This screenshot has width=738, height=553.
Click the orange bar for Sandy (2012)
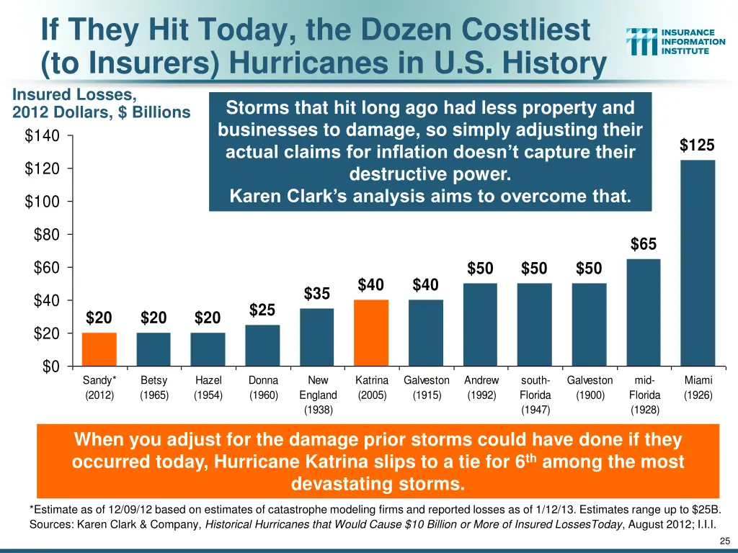click(99, 349)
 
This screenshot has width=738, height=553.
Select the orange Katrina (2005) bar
click(372, 333)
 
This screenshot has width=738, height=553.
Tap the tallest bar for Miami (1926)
click(698, 263)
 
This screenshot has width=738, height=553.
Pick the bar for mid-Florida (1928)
click(644, 313)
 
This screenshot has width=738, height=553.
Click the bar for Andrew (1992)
click(480, 325)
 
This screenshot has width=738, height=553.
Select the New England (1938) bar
click(317, 337)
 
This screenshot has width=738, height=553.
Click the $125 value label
click(697, 145)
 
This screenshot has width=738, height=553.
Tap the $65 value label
click(644, 245)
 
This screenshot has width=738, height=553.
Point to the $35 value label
click(317, 294)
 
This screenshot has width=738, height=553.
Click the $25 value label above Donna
click(262, 310)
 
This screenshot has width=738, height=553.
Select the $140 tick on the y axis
click(44, 135)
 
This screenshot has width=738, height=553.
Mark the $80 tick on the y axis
click(47, 235)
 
